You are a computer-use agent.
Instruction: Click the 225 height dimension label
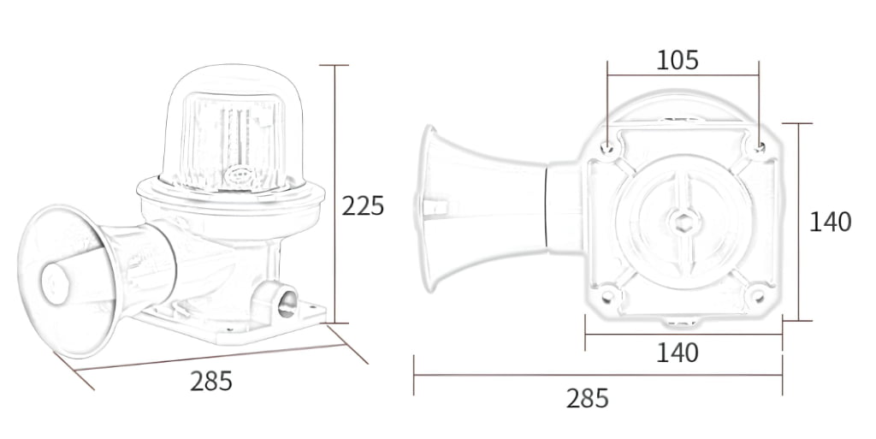pyautogui.click(x=363, y=206)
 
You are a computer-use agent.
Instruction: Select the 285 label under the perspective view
pyautogui.click(x=210, y=381)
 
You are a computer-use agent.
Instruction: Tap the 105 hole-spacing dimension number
pyautogui.click(x=678, y=60)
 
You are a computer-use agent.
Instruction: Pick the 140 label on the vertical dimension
pyautogui.click(x=830, y=222)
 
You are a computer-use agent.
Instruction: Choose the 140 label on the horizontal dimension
pyautogui.click(x=678, y=352)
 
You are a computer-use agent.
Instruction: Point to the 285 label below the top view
pyautogui.click(x=587, y=398)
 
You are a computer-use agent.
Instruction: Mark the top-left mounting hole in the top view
pyautogui.click(x=607, y=146)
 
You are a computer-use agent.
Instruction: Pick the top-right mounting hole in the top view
pyautogui.click(x=758, y=146)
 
